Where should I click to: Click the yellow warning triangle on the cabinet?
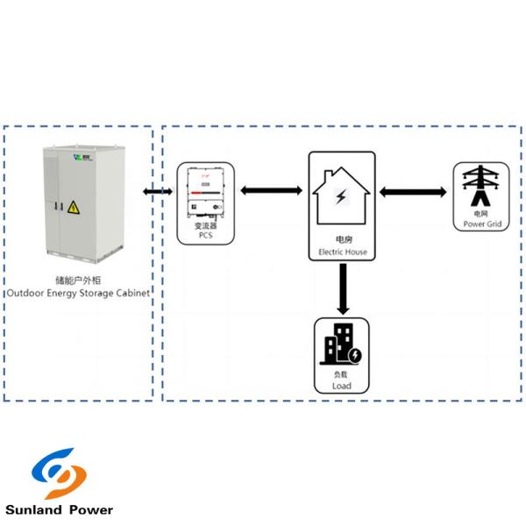[74, 208]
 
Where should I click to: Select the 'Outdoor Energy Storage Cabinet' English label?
[79, 292]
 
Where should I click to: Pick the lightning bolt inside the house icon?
[341, 195]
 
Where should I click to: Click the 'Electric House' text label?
[342, 252]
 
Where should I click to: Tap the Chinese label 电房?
[342, 239]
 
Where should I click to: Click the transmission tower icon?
[480, 186]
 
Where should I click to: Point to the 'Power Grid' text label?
[481, 224]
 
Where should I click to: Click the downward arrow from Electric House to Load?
[342, 290]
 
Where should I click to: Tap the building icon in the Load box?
[342, 347]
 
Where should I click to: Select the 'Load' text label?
[342, 385]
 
